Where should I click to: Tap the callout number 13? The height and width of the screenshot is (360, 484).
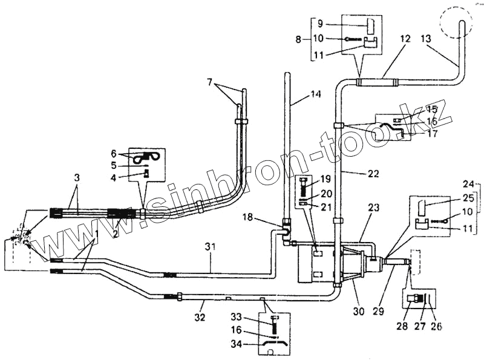tap(427, 39)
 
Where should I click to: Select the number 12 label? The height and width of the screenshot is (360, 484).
tap(405, 39)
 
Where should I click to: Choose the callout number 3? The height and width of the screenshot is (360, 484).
tap(77, 177)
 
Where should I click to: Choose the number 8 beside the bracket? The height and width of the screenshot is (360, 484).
tap(298, 39)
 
